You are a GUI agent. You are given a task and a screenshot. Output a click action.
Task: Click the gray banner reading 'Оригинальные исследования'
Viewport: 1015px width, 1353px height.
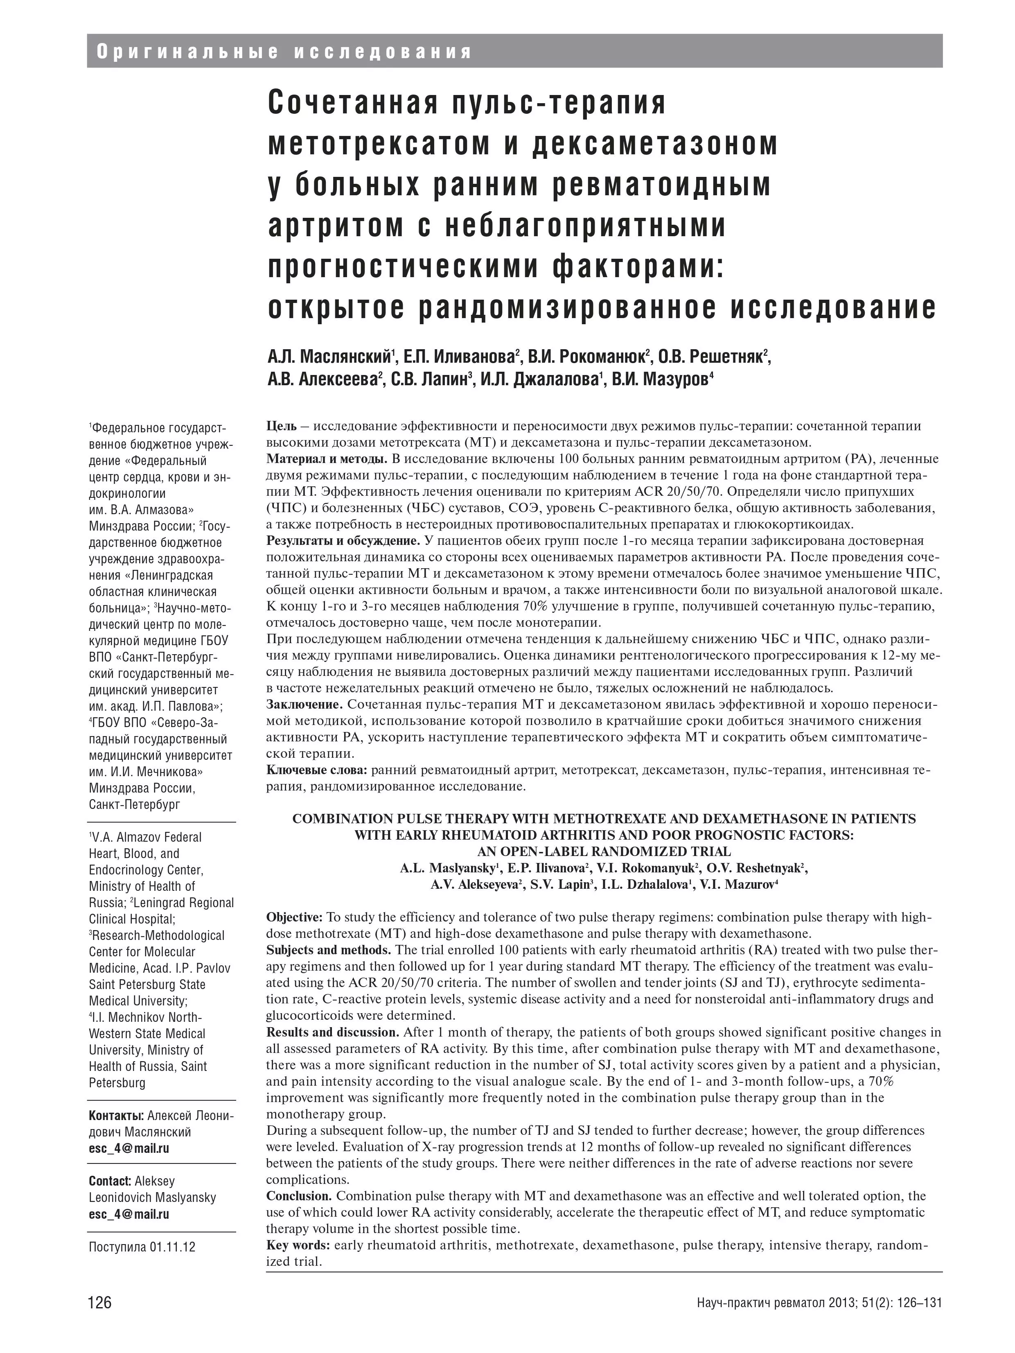coord(284,52)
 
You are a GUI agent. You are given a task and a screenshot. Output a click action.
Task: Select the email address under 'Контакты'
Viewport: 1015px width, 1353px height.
coord(129,1148)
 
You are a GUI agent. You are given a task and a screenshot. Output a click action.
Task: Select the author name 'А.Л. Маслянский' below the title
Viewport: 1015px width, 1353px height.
coord(330,357)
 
